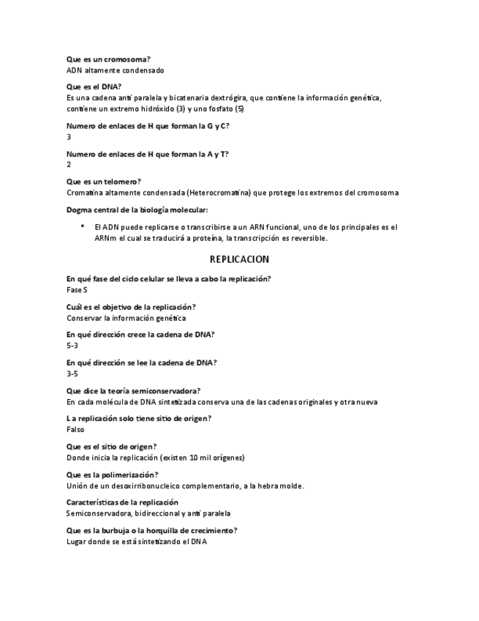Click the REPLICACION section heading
[x=239, y=259]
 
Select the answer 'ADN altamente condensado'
[x=115, y=70]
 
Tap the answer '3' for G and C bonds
[x=69, y=137]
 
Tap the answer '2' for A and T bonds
[x=69, y=165]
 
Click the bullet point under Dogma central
[x=83, y=226]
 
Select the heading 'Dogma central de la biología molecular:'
[x=137, y=210]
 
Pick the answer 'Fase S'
[x=77, y=290]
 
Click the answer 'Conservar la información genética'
[x=126, y=318]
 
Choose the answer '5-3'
[x=72, y=346]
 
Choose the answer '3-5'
[x=72, y=373]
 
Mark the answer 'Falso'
[x=75, y=429]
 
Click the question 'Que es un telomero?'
[x=103, y=181]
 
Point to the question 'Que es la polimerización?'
[x=112, y=475]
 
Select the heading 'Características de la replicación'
[x=122, y=502]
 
